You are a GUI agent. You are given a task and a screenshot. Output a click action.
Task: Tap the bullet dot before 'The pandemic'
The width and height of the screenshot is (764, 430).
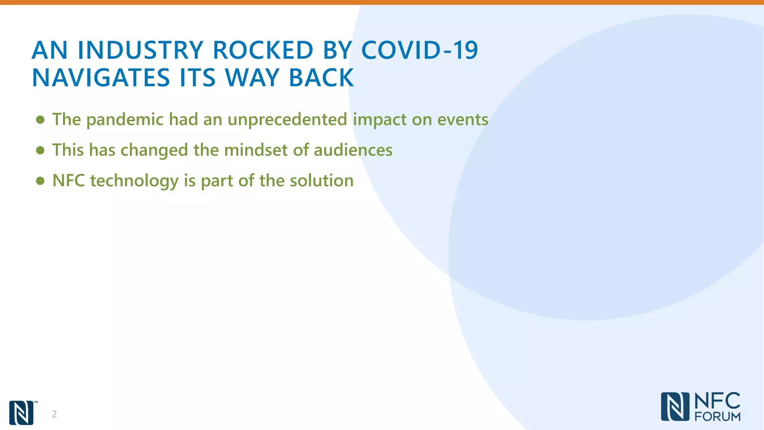click(x=40, y=120)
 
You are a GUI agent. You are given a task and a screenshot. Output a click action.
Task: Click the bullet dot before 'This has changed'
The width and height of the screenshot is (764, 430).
click(x=40, y=150)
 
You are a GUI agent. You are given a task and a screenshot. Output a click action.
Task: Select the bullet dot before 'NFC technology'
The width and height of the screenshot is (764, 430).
click(x=40, y=181)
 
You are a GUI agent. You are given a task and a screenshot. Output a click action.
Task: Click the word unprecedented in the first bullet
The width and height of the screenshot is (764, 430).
click(x=287, y=120)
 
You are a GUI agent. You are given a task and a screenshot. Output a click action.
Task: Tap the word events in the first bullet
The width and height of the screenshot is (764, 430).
click(x=463, y=120)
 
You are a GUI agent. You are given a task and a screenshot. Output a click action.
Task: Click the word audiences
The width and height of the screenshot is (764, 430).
click(x=353, y=150)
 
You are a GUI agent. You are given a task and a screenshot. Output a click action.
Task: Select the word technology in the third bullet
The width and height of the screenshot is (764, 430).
click(x=134, y=181)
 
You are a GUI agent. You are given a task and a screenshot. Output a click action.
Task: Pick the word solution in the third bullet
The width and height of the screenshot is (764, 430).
click(x=322, y=181)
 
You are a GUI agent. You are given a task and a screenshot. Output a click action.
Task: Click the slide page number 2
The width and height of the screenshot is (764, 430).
click(x=54, y=414)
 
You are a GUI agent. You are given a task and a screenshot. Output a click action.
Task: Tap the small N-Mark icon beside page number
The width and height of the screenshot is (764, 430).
click(x=21, y=412)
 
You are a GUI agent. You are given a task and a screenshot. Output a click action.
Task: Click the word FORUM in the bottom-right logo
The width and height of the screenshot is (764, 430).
click(x=717, y=417)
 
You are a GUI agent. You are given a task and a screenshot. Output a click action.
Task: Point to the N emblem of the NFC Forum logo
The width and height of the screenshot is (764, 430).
click(x=675, y=406)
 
